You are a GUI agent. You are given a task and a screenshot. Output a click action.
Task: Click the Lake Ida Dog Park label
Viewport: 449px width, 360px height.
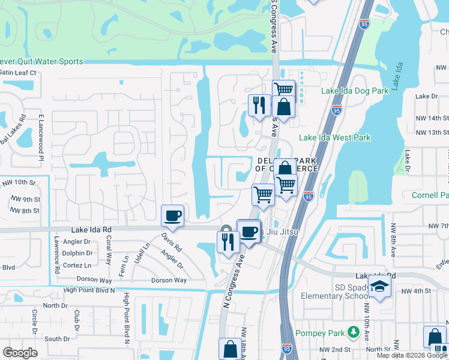(x=355, y=91)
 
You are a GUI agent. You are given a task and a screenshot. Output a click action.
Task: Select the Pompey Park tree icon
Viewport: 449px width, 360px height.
(x=354, y=332)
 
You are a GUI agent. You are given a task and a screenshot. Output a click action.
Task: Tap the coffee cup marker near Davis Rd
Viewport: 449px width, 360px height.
(x=172, y=215)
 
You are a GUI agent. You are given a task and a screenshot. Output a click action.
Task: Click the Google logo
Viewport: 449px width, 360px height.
(x=20, y=352)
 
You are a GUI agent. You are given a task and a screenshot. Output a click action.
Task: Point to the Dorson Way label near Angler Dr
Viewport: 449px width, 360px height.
(x=169, y=280)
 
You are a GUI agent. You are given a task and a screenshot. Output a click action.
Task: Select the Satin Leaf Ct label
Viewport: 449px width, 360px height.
(x=17, y=73)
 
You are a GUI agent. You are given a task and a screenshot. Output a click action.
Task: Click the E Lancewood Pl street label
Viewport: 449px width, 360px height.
(x=41, y=137)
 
